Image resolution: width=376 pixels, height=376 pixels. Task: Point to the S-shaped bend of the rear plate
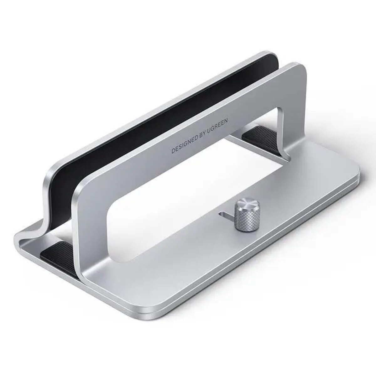[44, 213]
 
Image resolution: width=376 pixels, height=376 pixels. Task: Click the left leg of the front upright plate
[91, 241]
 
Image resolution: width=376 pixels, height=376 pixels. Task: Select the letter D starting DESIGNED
[173, 151]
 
